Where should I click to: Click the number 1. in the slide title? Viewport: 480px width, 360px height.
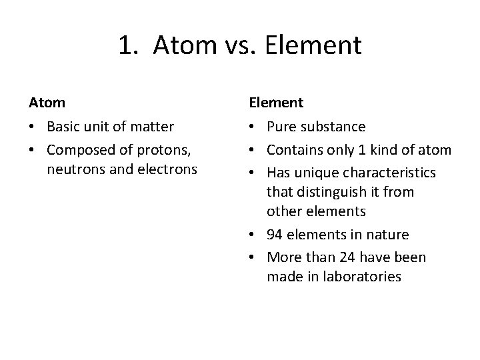click(129, 45)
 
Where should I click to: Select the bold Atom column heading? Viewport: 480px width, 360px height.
click(47, 103)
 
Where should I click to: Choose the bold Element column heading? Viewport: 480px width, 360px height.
click(276, 103)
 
